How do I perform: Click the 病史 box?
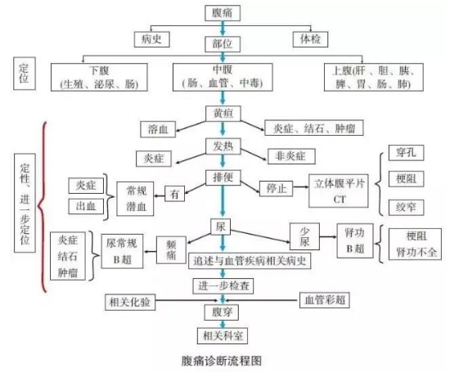click(x=152, y=38)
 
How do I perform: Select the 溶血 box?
click(x=159, y=129)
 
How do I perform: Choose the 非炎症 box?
click(x=287, y=155)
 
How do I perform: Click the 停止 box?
click(x=274, y=186)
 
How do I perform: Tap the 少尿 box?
click(x=304, y=234)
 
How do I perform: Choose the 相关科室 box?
click(x=220, y=334)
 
